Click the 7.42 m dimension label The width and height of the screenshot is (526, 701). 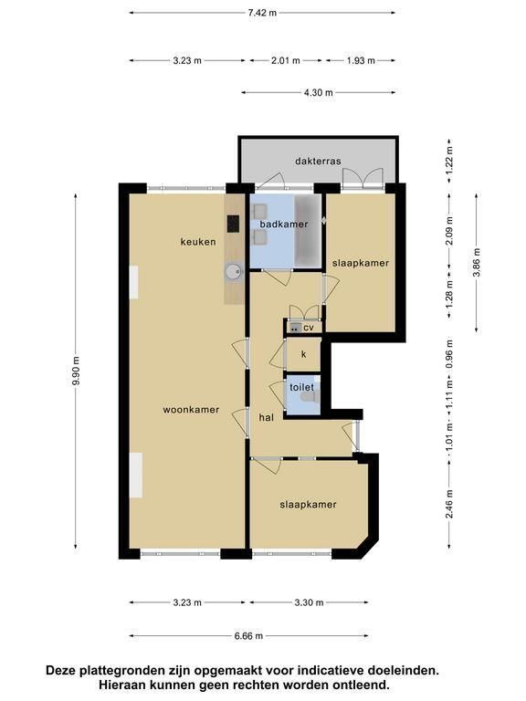click(x=262, y=13)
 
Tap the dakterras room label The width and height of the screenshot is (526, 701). click(x=318, y=161)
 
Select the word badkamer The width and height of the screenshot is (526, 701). click(x=284, y=224)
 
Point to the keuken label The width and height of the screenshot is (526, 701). click(x=198, y=242)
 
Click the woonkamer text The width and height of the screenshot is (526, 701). click(x=191, y=410)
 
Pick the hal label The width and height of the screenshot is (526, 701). click(x=266, y=417)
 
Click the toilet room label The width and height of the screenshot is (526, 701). click(x=302, y=387)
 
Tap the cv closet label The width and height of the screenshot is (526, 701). click(x=309, y=328)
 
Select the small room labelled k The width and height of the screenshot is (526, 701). click(x=304, y=354)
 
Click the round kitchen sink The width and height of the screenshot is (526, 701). click(x=233, y=271)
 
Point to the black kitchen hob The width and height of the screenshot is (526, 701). click(x=233, y=224)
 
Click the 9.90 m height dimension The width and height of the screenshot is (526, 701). click(x=76, y=371)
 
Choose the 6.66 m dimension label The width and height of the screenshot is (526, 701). click(x=248, y=635)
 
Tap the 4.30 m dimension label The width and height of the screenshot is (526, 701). click(x=319, y=92)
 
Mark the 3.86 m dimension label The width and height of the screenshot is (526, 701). click(x=477, y=263)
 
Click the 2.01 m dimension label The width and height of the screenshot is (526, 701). click(x=285, y=60)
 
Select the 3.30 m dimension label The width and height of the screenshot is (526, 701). click(x=309, y=602)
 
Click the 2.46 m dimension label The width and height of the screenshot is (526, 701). click(x=449, y=504)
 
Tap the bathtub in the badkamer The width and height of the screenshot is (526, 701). click(x=307, y=231)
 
